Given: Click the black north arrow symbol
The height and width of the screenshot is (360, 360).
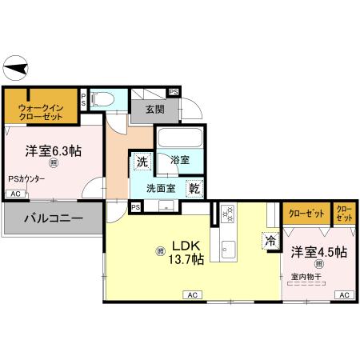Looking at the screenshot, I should pos(16,66).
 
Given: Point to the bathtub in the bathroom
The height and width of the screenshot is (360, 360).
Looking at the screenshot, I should pos(179,139).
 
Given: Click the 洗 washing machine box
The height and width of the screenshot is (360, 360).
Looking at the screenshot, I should pos(142,162).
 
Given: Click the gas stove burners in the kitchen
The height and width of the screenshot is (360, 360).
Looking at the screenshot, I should pos(227,214).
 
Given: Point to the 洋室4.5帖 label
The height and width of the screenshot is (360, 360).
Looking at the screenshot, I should pos(319,251).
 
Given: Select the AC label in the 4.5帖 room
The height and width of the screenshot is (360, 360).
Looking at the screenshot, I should pos(343,294).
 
